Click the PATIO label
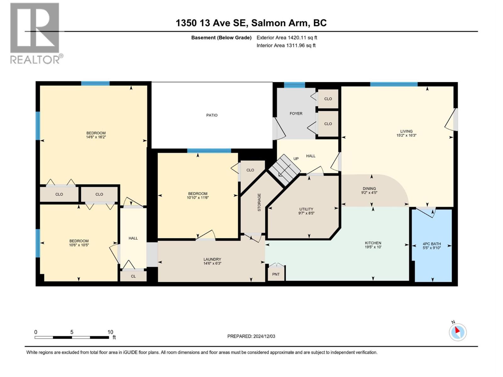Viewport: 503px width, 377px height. point(212,115)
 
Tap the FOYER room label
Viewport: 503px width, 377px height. point(296,113)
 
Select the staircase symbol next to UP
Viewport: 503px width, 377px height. point(284,170)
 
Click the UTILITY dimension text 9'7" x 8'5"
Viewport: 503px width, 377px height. point(306,213)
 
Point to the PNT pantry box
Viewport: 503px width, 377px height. point(276,274)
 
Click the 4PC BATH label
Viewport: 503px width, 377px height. point(432,244)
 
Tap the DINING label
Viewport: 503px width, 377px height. point(369,188)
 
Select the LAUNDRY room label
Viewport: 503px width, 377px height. point(212,260)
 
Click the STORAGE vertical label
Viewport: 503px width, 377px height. point(259,202)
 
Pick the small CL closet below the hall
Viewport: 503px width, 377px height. point(133,276)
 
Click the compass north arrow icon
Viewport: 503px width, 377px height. point(457,332)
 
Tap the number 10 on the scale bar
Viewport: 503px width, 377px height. point(110,332)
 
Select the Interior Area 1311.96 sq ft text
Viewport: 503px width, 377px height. point(286,46)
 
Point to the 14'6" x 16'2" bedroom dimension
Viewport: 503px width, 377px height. point(96,137)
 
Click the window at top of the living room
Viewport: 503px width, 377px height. point(394,84)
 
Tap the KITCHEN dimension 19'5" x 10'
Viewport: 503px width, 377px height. point(373,247)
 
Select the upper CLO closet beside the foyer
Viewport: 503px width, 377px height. point(328,99)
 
